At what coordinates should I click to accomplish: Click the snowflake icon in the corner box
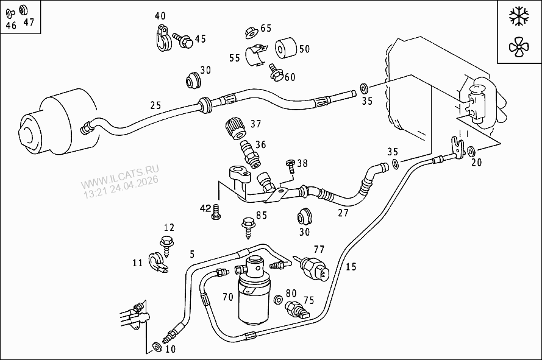pos(519,17)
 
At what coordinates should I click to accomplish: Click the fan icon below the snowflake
pos(519,46)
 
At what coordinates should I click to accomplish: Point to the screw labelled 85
pos(249,226)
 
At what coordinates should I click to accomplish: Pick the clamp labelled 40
pos(160,40)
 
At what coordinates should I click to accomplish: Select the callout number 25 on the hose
pos(155,105)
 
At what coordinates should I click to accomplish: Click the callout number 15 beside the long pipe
pos(350,266)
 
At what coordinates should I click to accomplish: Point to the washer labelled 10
pos(157,347)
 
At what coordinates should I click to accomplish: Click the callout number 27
pos(343,213)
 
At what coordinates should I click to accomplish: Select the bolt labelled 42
pos(215,213)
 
